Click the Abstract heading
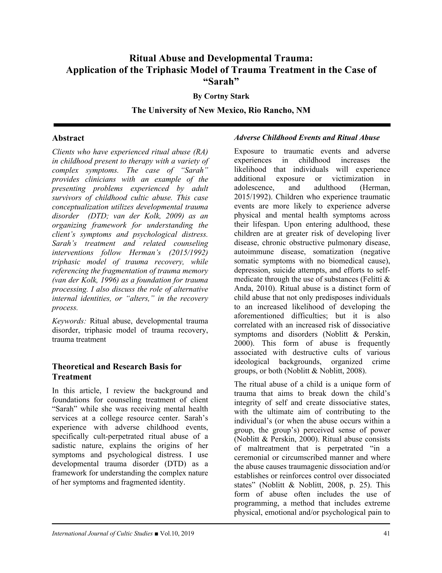(x=68, y=138)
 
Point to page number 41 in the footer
(x=387, y=533)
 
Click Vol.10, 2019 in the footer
(x=177, y=533)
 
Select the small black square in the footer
(x=156, y=534)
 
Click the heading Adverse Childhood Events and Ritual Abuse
(x=307, y=137)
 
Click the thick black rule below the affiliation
(x=222, y=125)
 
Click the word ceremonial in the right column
(x=252, y=458)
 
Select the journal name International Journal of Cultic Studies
(x=102, y=533)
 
